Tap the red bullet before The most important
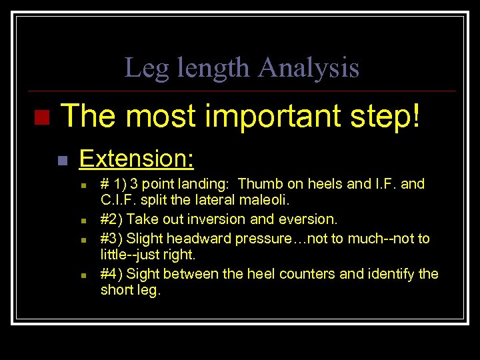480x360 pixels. pos(41,118)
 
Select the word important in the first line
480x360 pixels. pos(265,117)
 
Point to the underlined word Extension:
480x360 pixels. pos(137,159)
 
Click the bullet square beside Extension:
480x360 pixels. pos(62,161)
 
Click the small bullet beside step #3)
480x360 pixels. pos(83,239)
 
